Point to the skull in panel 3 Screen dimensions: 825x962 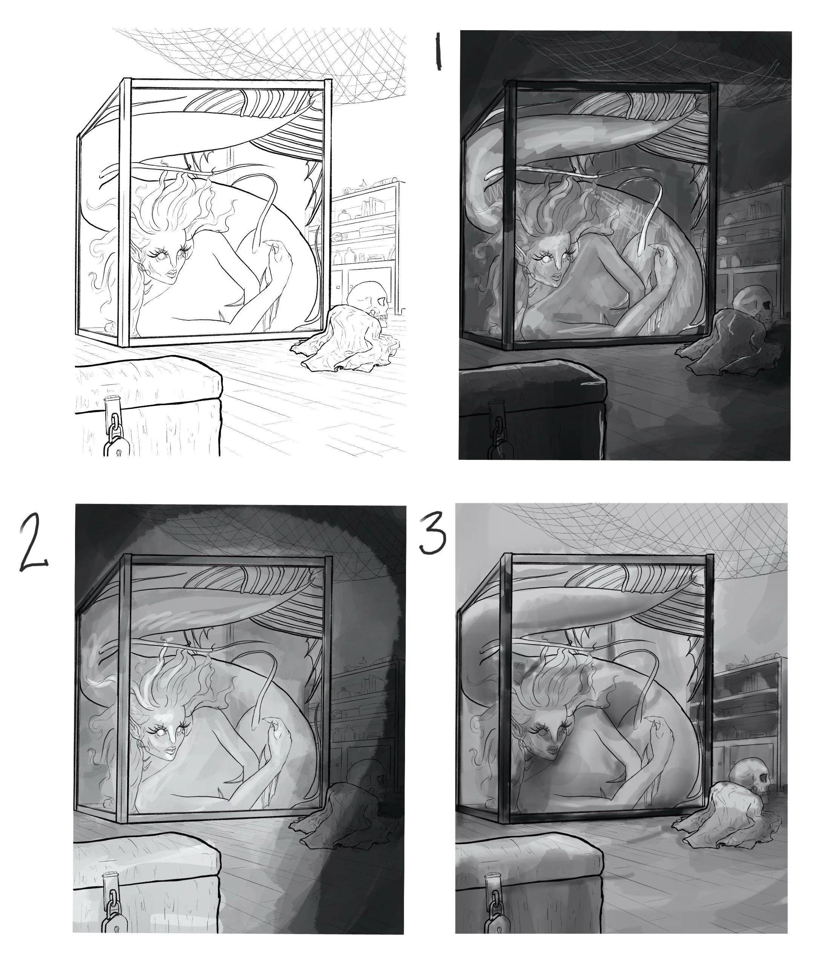coord(750,776)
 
